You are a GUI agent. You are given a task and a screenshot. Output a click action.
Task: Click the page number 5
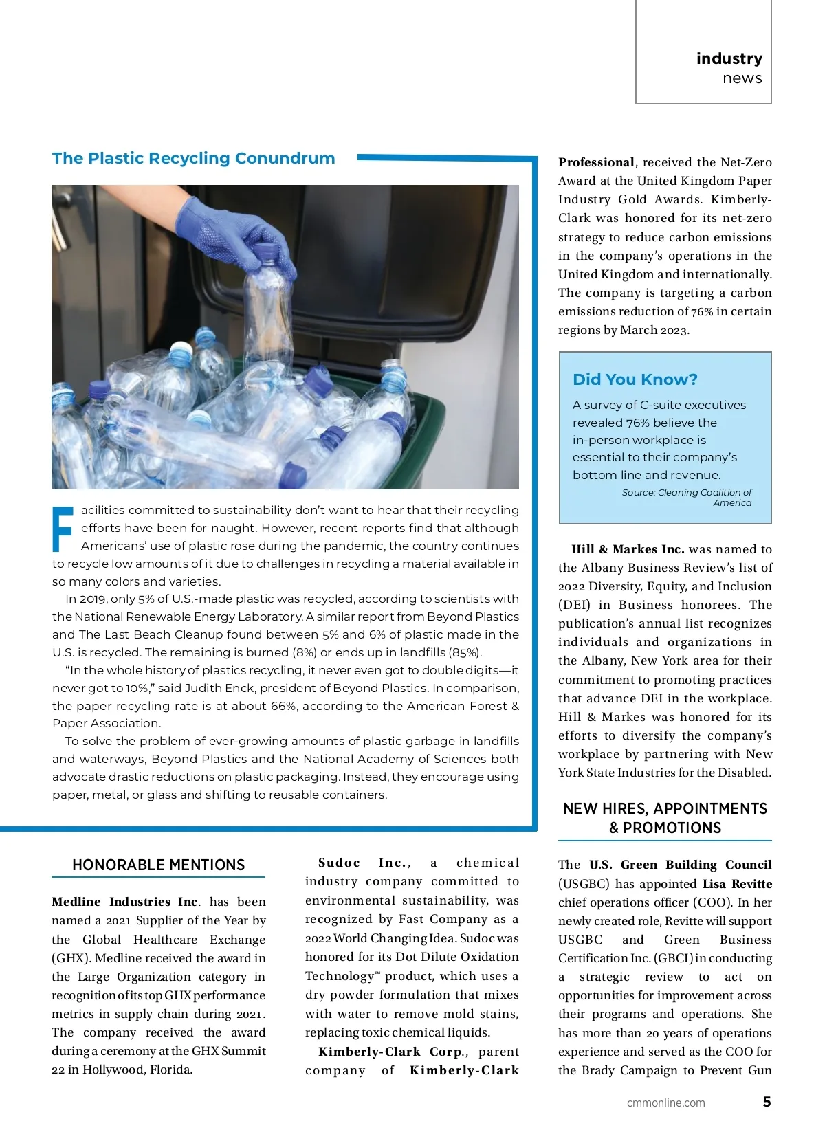coord(767,1102)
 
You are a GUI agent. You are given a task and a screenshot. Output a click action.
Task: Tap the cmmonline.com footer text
coord(665,1103)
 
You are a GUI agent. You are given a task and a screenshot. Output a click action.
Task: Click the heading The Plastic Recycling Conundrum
coord(193,158)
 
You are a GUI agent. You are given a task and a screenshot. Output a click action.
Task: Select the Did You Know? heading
coord(635,379)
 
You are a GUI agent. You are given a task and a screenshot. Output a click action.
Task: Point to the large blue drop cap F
coord(63,529)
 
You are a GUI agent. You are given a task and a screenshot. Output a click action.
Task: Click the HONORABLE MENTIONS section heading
coord(158,865)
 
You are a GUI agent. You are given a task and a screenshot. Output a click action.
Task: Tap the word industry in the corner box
coord(729,58)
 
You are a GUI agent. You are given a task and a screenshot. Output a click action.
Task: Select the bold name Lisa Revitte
coord(737,884)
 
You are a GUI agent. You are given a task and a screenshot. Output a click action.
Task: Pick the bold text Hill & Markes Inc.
coord(628,549)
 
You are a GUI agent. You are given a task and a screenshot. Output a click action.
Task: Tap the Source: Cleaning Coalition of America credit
coord(687,497)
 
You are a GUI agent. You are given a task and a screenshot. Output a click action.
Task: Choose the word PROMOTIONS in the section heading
coord(672,828)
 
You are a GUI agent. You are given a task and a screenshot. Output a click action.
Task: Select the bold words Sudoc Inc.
coord(363,863)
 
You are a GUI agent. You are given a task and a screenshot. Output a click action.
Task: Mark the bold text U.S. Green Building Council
coord(680,865)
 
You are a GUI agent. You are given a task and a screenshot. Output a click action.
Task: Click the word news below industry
coord(742,78)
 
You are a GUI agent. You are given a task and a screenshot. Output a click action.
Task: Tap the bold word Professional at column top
coord(596,162)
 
